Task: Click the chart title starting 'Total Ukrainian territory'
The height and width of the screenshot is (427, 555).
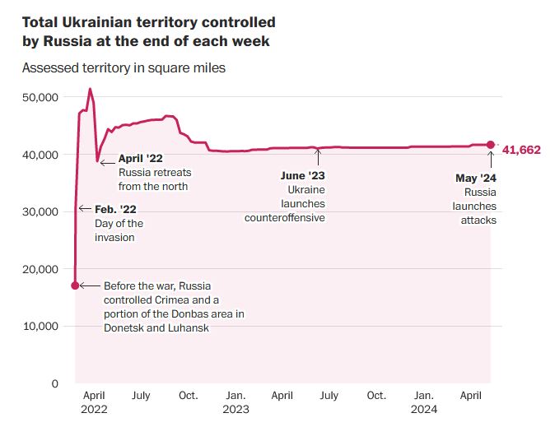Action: [148, 32]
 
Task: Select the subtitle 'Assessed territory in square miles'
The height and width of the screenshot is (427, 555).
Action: [124, 68]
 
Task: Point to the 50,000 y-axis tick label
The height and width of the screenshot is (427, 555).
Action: [40, 97]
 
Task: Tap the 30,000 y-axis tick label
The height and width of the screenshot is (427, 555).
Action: [40, 211]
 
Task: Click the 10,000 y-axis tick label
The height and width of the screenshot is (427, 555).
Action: [40, 326]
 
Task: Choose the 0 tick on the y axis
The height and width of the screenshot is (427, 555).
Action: [54, 383]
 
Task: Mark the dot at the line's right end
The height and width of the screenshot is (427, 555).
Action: [491, 145]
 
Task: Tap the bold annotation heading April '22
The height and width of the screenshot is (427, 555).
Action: [142, 159]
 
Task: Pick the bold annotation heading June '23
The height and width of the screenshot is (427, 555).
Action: [302, 176]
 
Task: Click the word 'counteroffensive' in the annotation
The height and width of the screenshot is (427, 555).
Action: [285, 218]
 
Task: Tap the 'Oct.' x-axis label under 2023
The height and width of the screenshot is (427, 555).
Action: [375, 396]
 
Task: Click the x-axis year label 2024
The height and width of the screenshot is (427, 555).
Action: [425, 409]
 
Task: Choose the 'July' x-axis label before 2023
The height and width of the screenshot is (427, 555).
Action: [141, 396]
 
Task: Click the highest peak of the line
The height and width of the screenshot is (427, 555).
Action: [90, 89]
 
